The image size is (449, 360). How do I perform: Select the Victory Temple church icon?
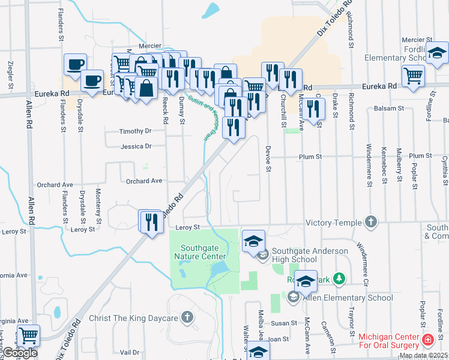371,222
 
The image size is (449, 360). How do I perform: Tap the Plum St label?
311,157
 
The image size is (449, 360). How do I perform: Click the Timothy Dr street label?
135,131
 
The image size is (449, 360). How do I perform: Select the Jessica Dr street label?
135,146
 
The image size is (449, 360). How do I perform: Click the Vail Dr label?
129,352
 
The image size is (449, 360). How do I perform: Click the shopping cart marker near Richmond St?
414,76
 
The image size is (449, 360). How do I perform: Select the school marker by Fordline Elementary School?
437,54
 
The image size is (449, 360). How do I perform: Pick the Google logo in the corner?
20,353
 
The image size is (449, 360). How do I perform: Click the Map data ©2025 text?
423,356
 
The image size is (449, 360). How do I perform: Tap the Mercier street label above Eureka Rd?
150,46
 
